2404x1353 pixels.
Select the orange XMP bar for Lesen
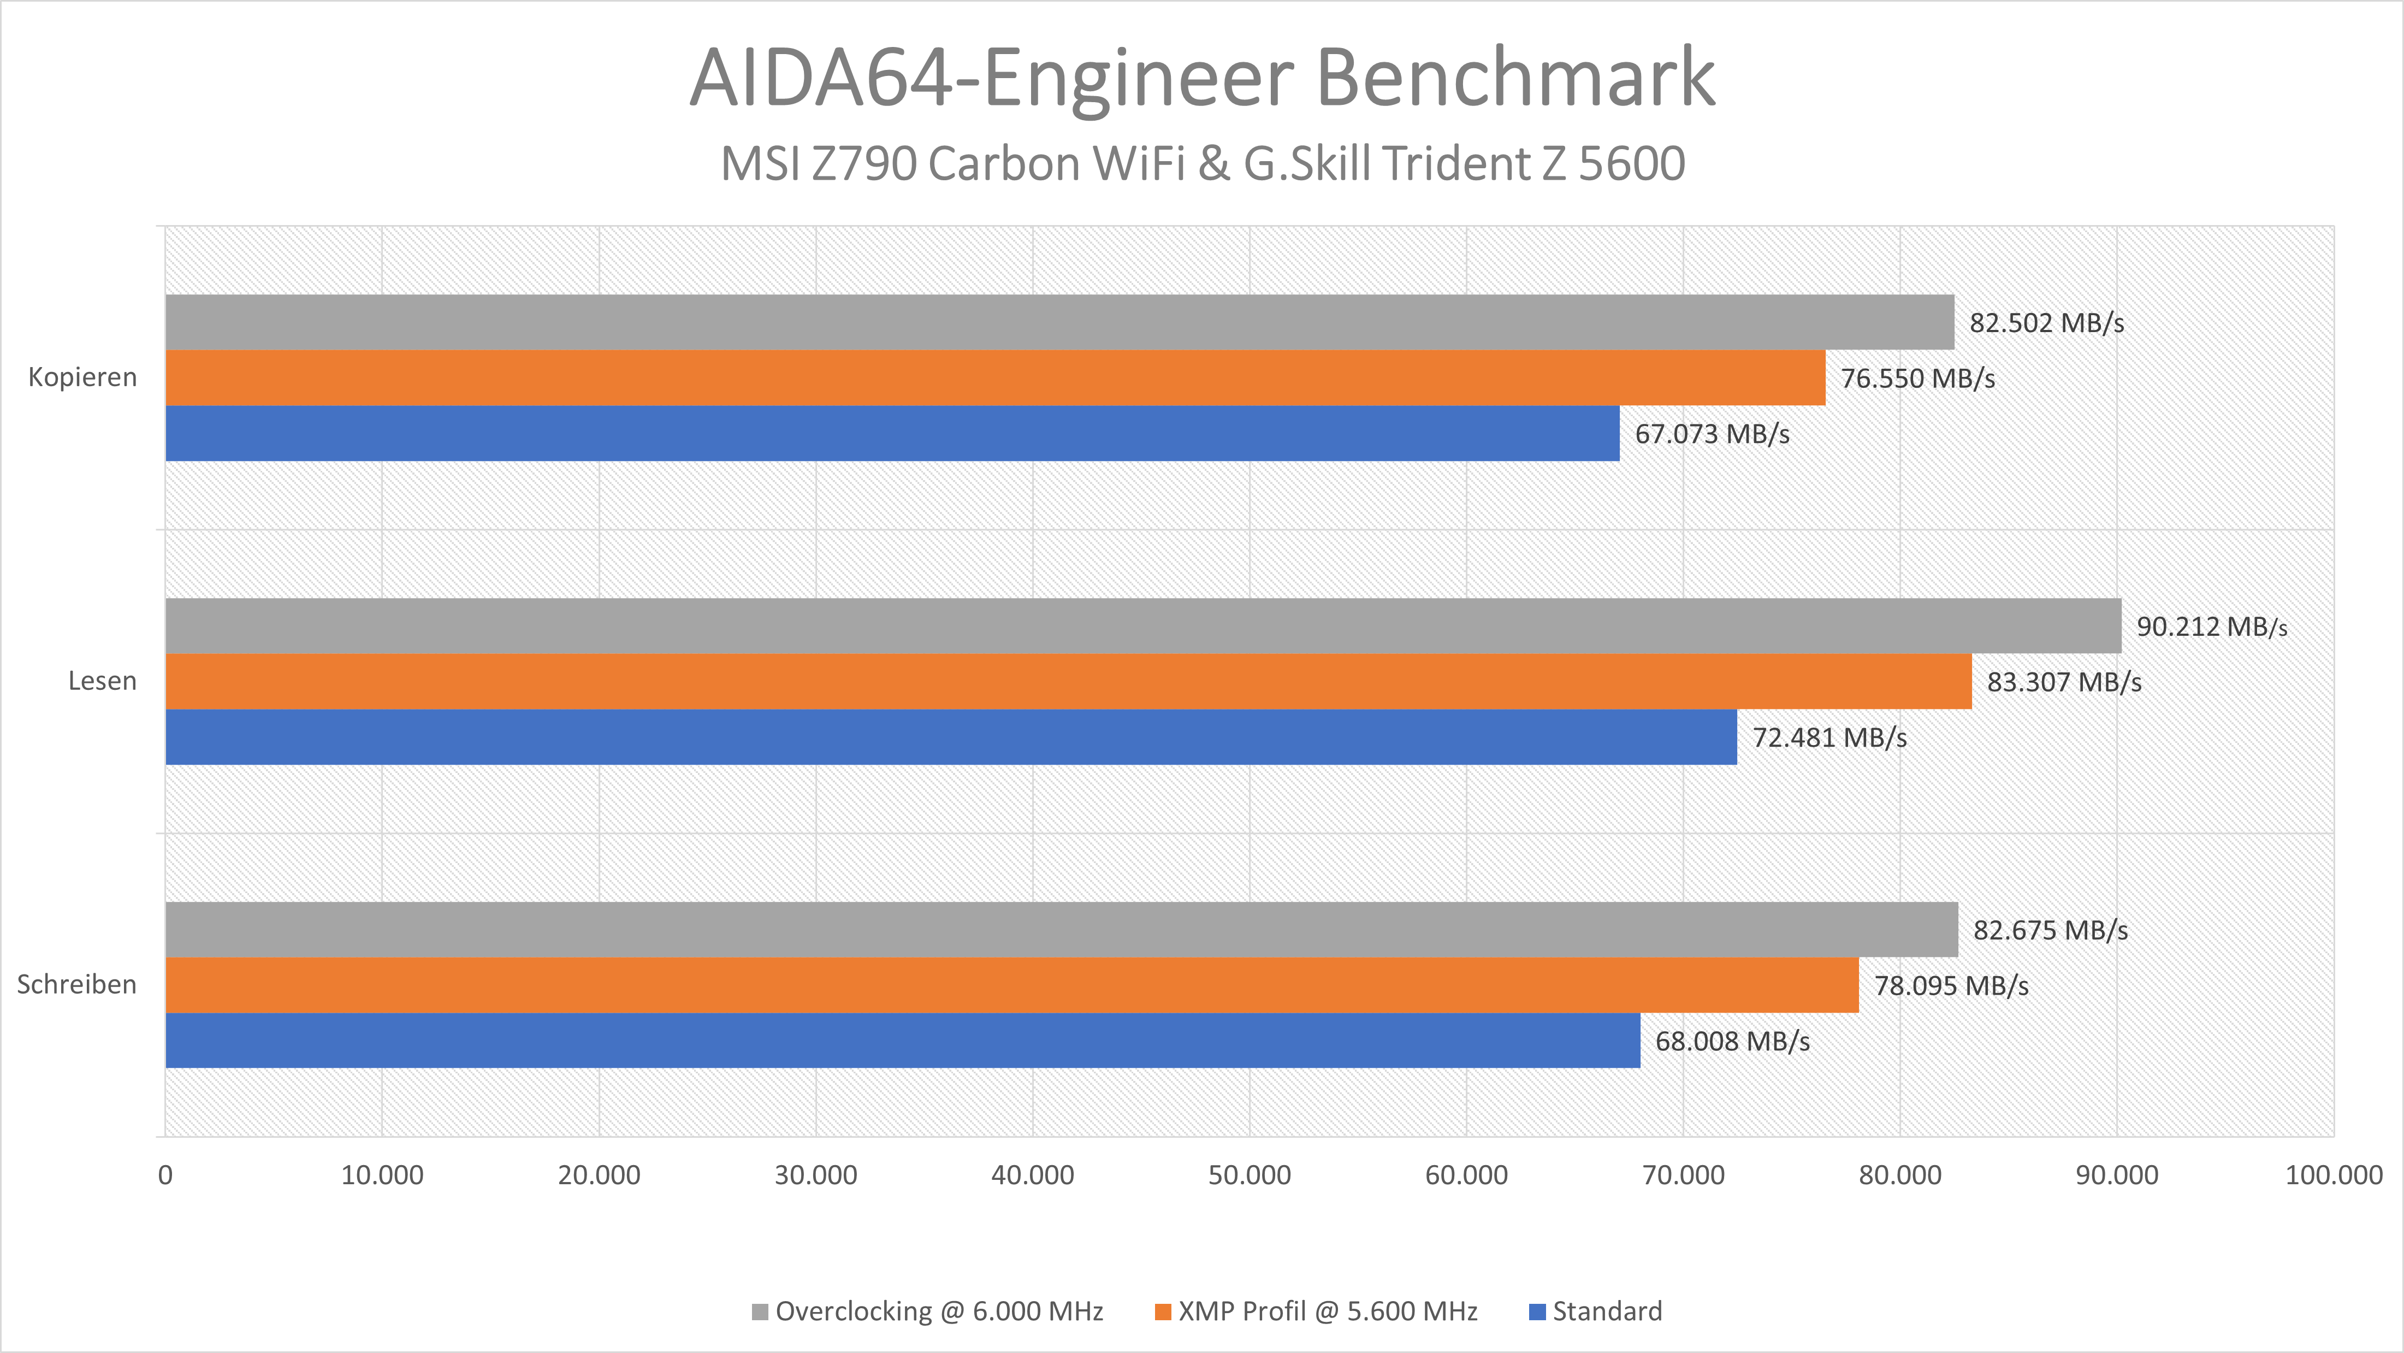[x=1069, y=681]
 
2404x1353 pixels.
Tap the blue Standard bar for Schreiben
[x=902, y=1041]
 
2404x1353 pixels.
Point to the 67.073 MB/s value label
[x=1712, y=434]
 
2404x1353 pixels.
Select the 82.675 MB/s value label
[x=2050, y=930]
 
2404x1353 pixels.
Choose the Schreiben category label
[x=76, y=984]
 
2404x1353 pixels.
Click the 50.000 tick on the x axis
[x=1250, y=1175]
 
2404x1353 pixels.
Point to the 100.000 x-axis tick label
[x=2333, y=1175]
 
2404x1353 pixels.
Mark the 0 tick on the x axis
[x=165, y=1175]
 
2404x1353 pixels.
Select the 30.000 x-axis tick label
[x=816, y=1175]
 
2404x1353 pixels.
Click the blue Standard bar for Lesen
[x=951, y=737]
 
